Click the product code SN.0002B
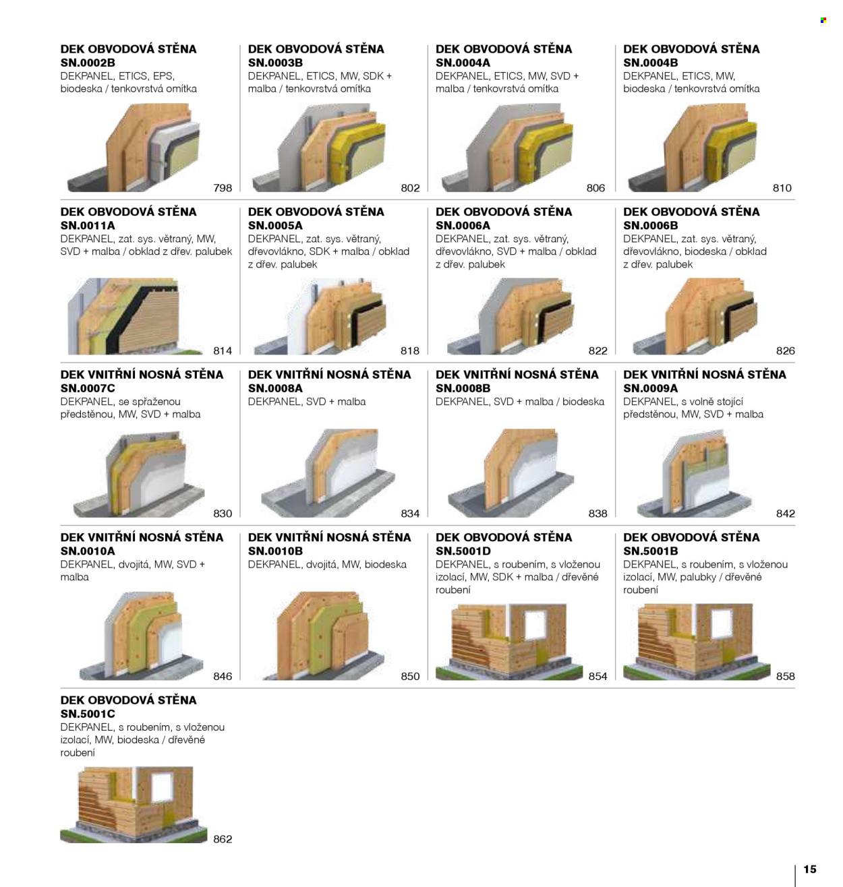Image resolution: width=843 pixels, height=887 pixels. pos(88,63)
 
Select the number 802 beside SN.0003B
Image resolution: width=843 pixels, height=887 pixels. pos(410,187)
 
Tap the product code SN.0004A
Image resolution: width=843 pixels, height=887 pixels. pos(463,63)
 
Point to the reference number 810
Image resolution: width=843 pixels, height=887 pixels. pos(782,187)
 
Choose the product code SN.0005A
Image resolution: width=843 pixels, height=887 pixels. pos(275,226)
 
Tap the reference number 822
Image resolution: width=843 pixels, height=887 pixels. pos(598,350)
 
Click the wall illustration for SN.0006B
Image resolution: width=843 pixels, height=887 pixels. pos(695,316)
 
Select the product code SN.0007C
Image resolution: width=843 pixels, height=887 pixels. pos(88,388)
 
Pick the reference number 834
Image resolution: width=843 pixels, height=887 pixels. pos(410,514)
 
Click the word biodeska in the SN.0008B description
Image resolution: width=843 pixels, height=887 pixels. pos(583,402)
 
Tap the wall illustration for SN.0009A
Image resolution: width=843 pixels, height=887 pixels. pos(695,474)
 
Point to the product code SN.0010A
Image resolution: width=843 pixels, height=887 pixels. pos(88,551)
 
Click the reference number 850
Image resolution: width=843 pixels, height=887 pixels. pos(410,676)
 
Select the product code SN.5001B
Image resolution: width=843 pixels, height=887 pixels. pos(651,551)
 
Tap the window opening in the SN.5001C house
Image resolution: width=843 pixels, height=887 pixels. pos(162,787)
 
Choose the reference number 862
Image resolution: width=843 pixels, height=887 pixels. pos(223,839)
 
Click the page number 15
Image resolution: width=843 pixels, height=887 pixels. pos(810,869)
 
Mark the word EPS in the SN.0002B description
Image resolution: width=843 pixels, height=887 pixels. pos(163,75)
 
